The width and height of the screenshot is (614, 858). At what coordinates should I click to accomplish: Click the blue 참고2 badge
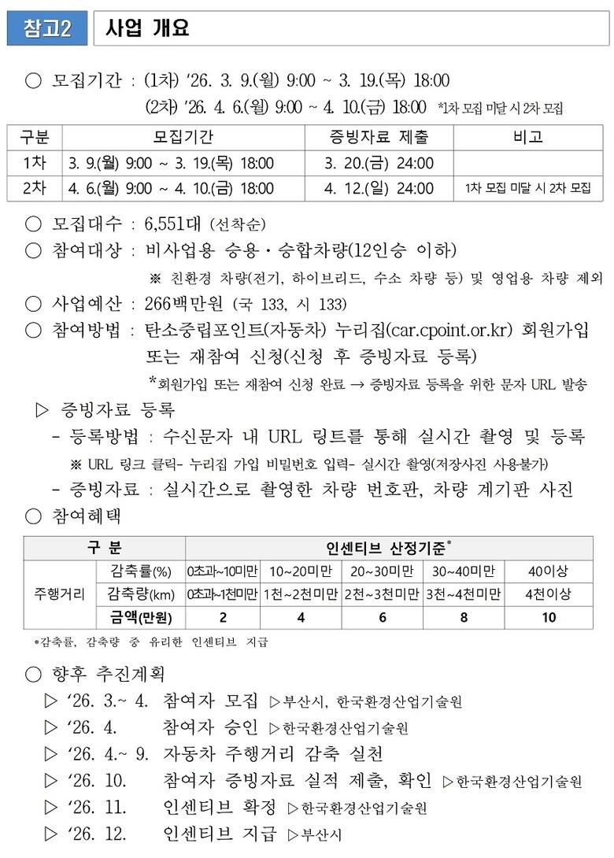pos(47,29)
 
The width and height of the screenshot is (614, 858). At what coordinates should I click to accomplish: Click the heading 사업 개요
pos(147,29)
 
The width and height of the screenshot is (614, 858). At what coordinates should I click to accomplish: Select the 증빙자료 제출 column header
pos(379,137)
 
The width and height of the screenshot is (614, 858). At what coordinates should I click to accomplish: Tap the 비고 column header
pos(527,137)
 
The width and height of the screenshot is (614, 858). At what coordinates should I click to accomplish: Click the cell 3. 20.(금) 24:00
pos(379,163)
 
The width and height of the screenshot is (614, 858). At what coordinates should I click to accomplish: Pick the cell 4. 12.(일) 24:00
pos(379,188)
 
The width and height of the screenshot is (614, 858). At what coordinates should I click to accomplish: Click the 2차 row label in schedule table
pos(35,188)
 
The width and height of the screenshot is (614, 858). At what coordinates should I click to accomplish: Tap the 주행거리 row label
pos(58,594)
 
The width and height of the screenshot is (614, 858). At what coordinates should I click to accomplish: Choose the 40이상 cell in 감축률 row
pos(549,571)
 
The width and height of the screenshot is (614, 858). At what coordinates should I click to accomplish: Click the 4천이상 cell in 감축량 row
pos(549,594)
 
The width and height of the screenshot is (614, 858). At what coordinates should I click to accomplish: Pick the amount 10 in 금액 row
pos(549,617)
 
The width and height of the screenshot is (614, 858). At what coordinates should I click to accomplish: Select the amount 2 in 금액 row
pos(223,617)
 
